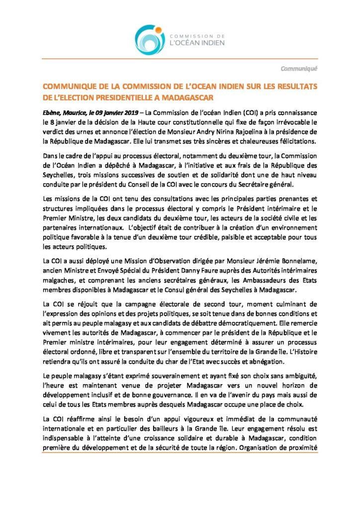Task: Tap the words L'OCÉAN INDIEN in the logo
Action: tap(197, 43)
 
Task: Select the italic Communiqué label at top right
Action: tap(298, 68)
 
